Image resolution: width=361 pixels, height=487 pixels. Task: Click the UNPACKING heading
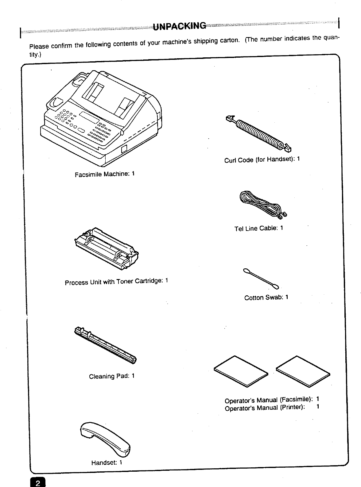point(180,26)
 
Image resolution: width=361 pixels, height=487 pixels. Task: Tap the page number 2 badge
point(37,483)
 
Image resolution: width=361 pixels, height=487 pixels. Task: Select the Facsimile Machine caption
point(105,174)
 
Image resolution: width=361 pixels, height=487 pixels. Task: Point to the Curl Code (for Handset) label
point(262,159)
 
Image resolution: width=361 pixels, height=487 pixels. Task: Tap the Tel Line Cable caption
point(258,228)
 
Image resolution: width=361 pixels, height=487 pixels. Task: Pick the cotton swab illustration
point(261,278)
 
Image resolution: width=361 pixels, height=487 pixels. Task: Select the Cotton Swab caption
point(266,297)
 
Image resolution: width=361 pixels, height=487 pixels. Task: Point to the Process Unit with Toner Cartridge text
point(116,281)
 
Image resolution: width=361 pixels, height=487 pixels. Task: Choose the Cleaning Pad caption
point(112,376)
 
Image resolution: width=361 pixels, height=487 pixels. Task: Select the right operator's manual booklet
point(303,371)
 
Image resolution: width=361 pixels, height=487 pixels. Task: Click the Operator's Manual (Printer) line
point(272,408)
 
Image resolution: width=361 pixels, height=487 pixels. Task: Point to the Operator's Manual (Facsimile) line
point(272,400)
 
